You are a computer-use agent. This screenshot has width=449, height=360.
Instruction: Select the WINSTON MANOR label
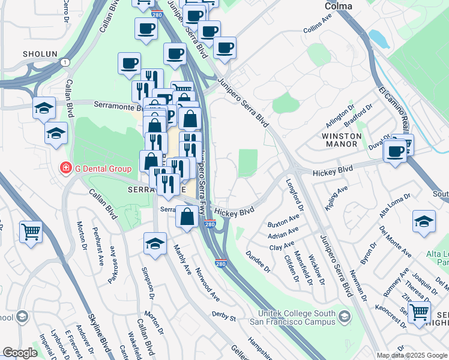tap(342, 140)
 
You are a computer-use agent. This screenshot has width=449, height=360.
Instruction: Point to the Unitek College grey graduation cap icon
tap(345, 316)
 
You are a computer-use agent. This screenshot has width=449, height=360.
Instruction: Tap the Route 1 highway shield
tap(63, 62)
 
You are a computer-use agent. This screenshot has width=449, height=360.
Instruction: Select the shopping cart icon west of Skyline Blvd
tap(31, 230)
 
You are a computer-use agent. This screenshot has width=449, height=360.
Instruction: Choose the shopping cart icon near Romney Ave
tap(419, 311)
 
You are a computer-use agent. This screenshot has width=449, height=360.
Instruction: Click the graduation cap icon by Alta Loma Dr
tap(424, 221)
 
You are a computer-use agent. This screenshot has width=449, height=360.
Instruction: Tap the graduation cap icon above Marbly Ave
tap(155, 244)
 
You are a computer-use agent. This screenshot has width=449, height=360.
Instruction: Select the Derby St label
tap(223, 314)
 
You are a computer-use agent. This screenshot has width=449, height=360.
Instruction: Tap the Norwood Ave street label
tap(206, 284)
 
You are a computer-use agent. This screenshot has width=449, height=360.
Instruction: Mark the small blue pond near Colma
tap(379, 38)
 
